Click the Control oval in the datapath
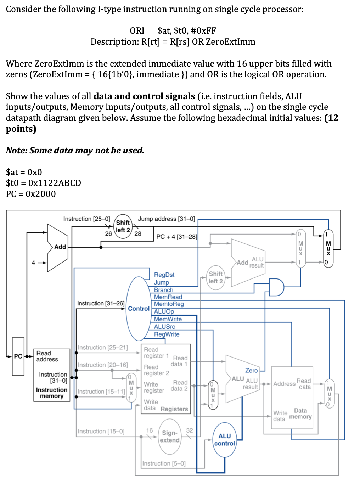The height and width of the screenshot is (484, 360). pyautogui.click(x=138, y=309)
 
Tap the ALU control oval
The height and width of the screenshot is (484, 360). pyautogui.click(x=224, y=440)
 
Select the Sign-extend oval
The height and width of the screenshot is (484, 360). pyautogui.click(x=170, y=437)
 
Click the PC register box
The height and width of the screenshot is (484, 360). pyautogui.click(x=18, y=356)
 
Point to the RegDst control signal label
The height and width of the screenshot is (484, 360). pyautogui.click(x=164, y=275)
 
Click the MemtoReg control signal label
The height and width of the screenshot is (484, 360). pyautogui.click(x=169, y=304)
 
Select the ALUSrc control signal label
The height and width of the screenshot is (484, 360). pyautogui.click(x=164, y=326)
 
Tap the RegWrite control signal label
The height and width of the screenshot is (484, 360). pyautogui.click(x=167, y=334)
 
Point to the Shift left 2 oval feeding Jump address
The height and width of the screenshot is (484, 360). pyautogui.click(x=123, y=226)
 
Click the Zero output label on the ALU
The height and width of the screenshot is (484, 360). pyautogui.click(x=251, y=370)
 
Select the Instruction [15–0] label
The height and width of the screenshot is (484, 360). pyautogui.click(x=101, y=431)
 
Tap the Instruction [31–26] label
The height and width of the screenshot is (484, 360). pyautogui.click(x=101, y=303)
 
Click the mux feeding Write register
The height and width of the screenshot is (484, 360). pyautogui.click(x=131, y=387)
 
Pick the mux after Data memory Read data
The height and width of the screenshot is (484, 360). pyautogui.click(x=330, y=394)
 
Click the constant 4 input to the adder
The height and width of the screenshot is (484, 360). pyautogui.click(x=33, y=263)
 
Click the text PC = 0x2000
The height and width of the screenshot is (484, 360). pyautogui.click(x=31, y=194)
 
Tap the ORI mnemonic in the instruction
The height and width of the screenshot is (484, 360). pyautogui.click(x=137, y=31)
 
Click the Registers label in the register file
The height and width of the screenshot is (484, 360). pyautogui.click(x=174, y=409)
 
